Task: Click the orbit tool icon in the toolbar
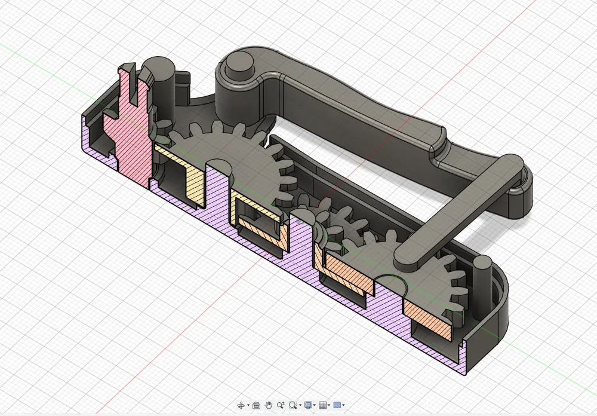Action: click(241, 405)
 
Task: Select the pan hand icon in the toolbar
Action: click(269, 405)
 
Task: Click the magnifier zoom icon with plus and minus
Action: click(293, 405)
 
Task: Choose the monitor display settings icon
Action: click(308, 405)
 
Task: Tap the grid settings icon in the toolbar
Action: click(322, 405)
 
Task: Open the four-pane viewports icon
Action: click(337, 405)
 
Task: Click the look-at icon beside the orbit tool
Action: click(256, 405)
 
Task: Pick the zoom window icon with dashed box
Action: click(281, 405)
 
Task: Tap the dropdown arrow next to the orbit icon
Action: click(248, 406)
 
